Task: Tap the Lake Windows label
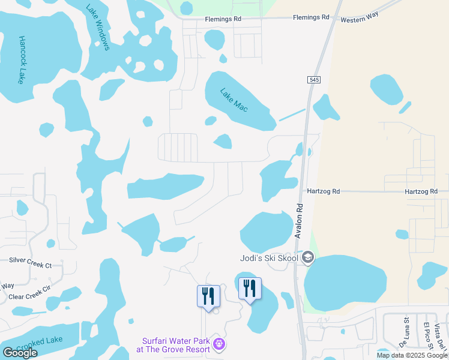(98, 28)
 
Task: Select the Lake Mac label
(234, 100)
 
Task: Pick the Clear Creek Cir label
(30, 296)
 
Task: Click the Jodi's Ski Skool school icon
(308, 258)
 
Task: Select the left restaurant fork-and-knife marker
(208, 296)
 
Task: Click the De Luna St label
(403, 338)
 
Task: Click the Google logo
(20, 353)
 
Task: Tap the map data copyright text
(412, 355)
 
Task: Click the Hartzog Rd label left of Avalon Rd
(323, 191)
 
